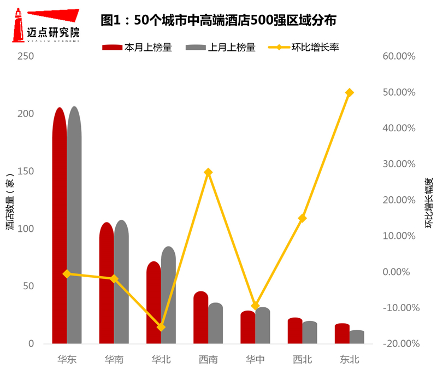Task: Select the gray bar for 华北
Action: pos(168,295)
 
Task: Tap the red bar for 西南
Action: pos(200,318)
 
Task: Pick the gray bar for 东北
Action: pos(357,337)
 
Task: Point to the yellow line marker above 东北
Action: pos(350,92)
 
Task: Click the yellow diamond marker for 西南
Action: pos(208,172)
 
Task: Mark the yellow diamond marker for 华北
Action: pos(161,327)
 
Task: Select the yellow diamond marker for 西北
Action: pos(303,218)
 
